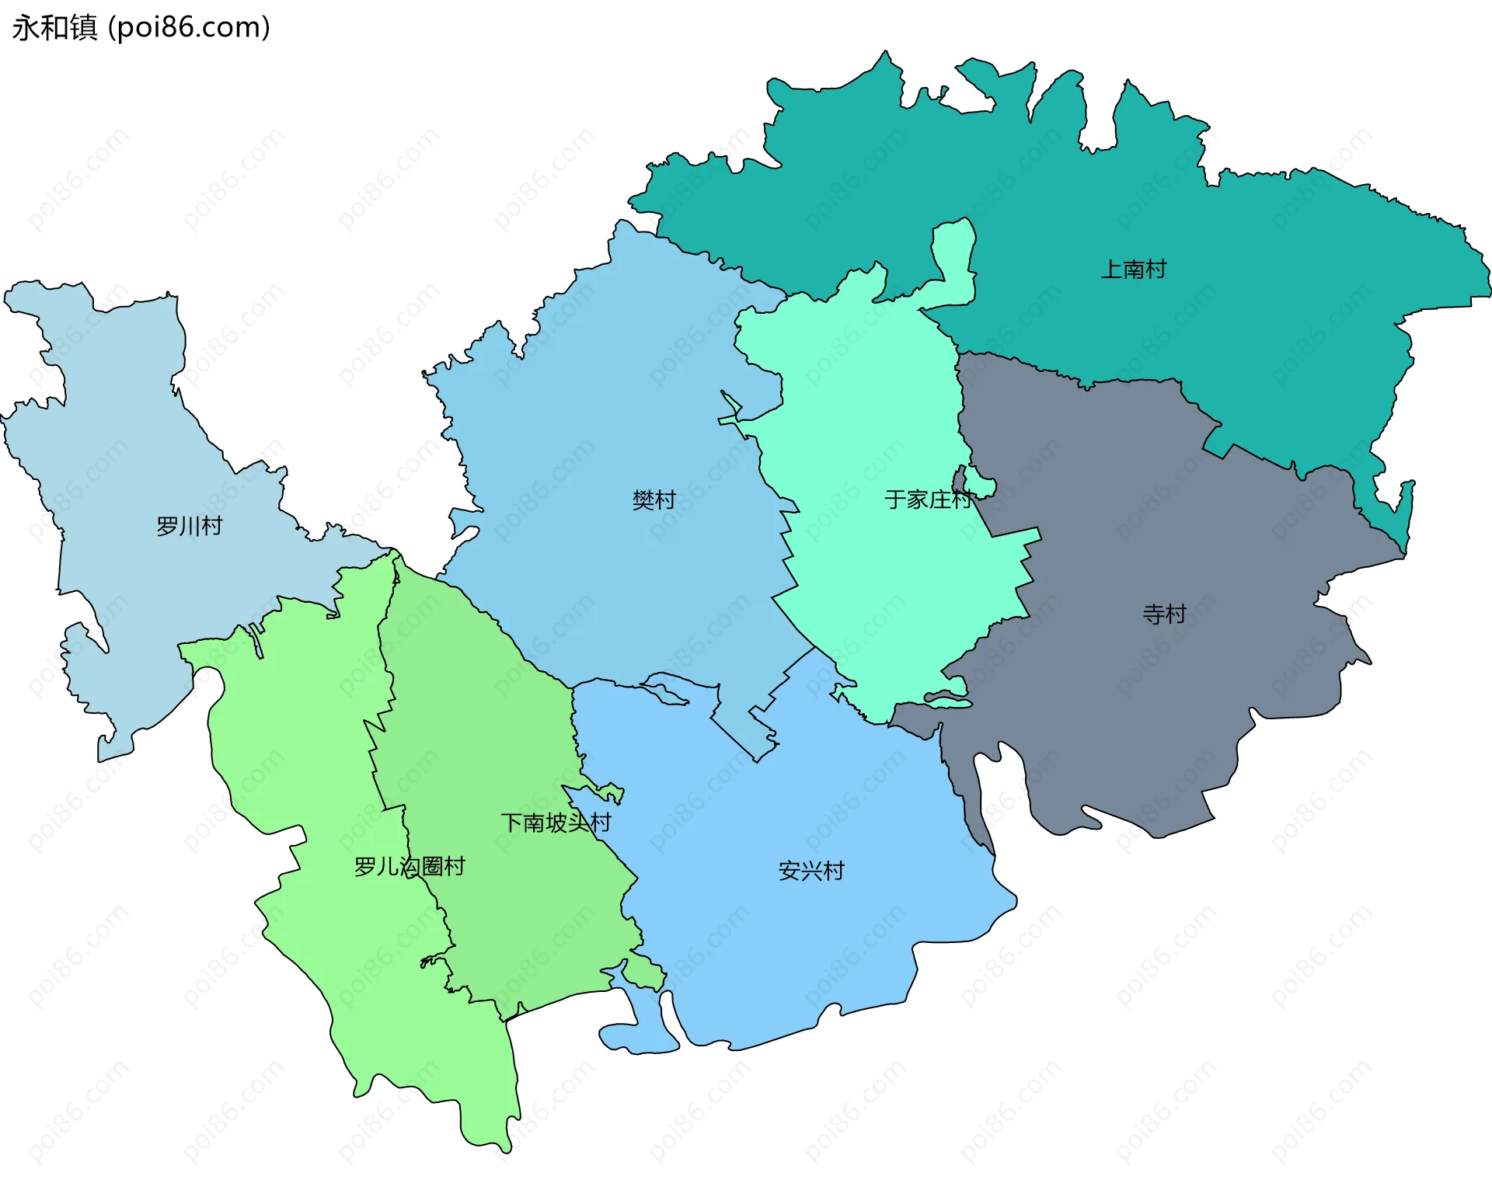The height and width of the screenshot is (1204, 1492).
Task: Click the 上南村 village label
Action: (x=1133, y=270)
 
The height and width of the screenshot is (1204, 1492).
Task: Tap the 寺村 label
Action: (x=1164, y=614)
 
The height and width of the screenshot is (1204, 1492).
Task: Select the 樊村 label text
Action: (x=654, y=499)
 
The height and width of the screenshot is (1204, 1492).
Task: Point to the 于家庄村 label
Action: (x=928, y=499)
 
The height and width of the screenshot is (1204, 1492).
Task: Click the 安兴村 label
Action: (x=810, y=871)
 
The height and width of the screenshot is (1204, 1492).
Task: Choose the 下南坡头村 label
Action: (x=556, y=823)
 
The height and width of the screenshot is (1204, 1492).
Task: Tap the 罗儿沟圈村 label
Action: (x=409, y=866)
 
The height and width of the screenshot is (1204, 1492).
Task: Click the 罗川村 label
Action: (x=189, y=526)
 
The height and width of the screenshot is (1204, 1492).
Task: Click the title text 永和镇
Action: (x=54, y=27)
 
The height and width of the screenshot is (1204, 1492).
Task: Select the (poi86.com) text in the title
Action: (x=189, y=27)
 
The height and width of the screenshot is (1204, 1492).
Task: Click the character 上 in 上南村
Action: (x=1111, y=270)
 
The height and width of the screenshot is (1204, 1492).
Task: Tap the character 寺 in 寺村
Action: (x=1153, y=614)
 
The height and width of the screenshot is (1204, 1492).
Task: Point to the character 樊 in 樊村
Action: (x=643, y=499)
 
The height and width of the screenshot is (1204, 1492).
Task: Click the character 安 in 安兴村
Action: (x=789, y=871)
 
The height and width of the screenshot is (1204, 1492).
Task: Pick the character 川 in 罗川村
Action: (x=189, y=526)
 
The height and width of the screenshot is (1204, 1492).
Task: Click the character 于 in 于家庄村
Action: (x=895, y=499)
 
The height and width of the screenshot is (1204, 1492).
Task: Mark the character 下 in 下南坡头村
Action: (x=511, y=823)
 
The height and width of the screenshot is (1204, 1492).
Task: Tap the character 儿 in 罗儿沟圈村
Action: (x=387, y=866)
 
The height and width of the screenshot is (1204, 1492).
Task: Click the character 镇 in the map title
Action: (x=83, y=27)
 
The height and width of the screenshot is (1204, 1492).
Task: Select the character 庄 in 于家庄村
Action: (x=939, y=499)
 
